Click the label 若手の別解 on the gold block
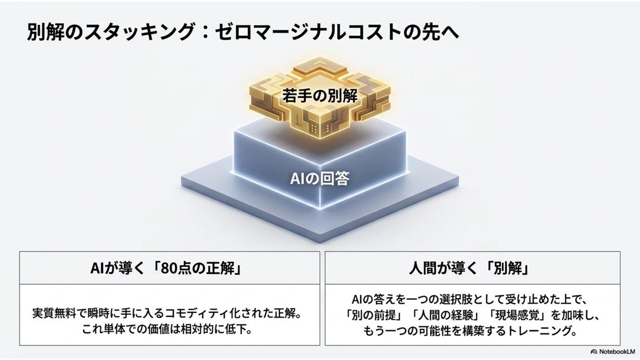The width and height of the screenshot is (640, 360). (320, 96)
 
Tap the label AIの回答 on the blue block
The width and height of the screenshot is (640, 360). (320, 179)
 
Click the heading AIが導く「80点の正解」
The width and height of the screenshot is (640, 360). (166, 269)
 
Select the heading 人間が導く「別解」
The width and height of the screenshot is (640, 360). (469, 269)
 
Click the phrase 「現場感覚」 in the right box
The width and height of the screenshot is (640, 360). (518, 315)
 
